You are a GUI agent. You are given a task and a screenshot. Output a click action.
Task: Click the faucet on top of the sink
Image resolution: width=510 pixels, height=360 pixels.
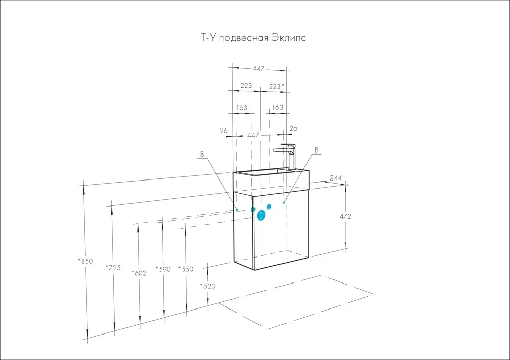tap(287, 156)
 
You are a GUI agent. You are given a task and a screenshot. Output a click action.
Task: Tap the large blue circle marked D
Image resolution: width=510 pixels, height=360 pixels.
tap(261, 215)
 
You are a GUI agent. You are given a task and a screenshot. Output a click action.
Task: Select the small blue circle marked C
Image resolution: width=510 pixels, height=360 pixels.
tap(269, 206)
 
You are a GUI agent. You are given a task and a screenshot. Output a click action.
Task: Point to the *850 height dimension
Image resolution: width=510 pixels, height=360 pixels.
tap(86, 261)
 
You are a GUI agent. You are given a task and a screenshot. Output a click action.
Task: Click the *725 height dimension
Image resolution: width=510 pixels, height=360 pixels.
tap(113, 267)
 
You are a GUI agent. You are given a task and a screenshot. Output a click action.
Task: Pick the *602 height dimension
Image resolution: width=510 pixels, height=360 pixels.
tap(139, 273)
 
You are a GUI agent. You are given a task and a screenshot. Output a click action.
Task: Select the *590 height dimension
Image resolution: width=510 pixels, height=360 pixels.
tap(163, 269)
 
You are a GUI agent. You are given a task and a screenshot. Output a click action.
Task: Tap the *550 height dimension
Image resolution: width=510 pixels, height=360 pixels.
tap(186, 269)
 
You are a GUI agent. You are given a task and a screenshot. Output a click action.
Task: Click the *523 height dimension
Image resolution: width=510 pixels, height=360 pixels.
tap(208, 286)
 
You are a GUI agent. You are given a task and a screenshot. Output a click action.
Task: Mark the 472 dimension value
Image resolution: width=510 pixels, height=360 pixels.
tap(345, 216)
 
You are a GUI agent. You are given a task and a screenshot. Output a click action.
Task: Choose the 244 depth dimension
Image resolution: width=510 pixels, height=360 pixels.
tap(335, 178)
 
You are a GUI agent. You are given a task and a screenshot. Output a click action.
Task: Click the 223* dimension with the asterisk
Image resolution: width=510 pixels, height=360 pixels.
tap(276, 86)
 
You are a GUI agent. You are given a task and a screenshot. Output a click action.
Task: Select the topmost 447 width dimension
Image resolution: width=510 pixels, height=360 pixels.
tap(259, 69)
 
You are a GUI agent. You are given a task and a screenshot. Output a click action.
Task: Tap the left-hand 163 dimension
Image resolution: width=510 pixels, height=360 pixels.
tap(242, 108)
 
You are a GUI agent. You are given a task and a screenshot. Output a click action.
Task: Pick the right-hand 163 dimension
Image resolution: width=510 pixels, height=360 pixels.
tap(277, 108)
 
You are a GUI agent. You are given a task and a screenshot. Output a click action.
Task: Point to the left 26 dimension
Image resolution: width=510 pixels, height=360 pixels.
tap(224, 131)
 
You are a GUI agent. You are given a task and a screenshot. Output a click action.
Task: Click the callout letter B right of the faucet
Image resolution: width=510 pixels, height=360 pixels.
tap(317, 150)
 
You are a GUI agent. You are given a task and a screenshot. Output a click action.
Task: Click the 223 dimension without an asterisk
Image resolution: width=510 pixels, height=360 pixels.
tap(246, 86)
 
